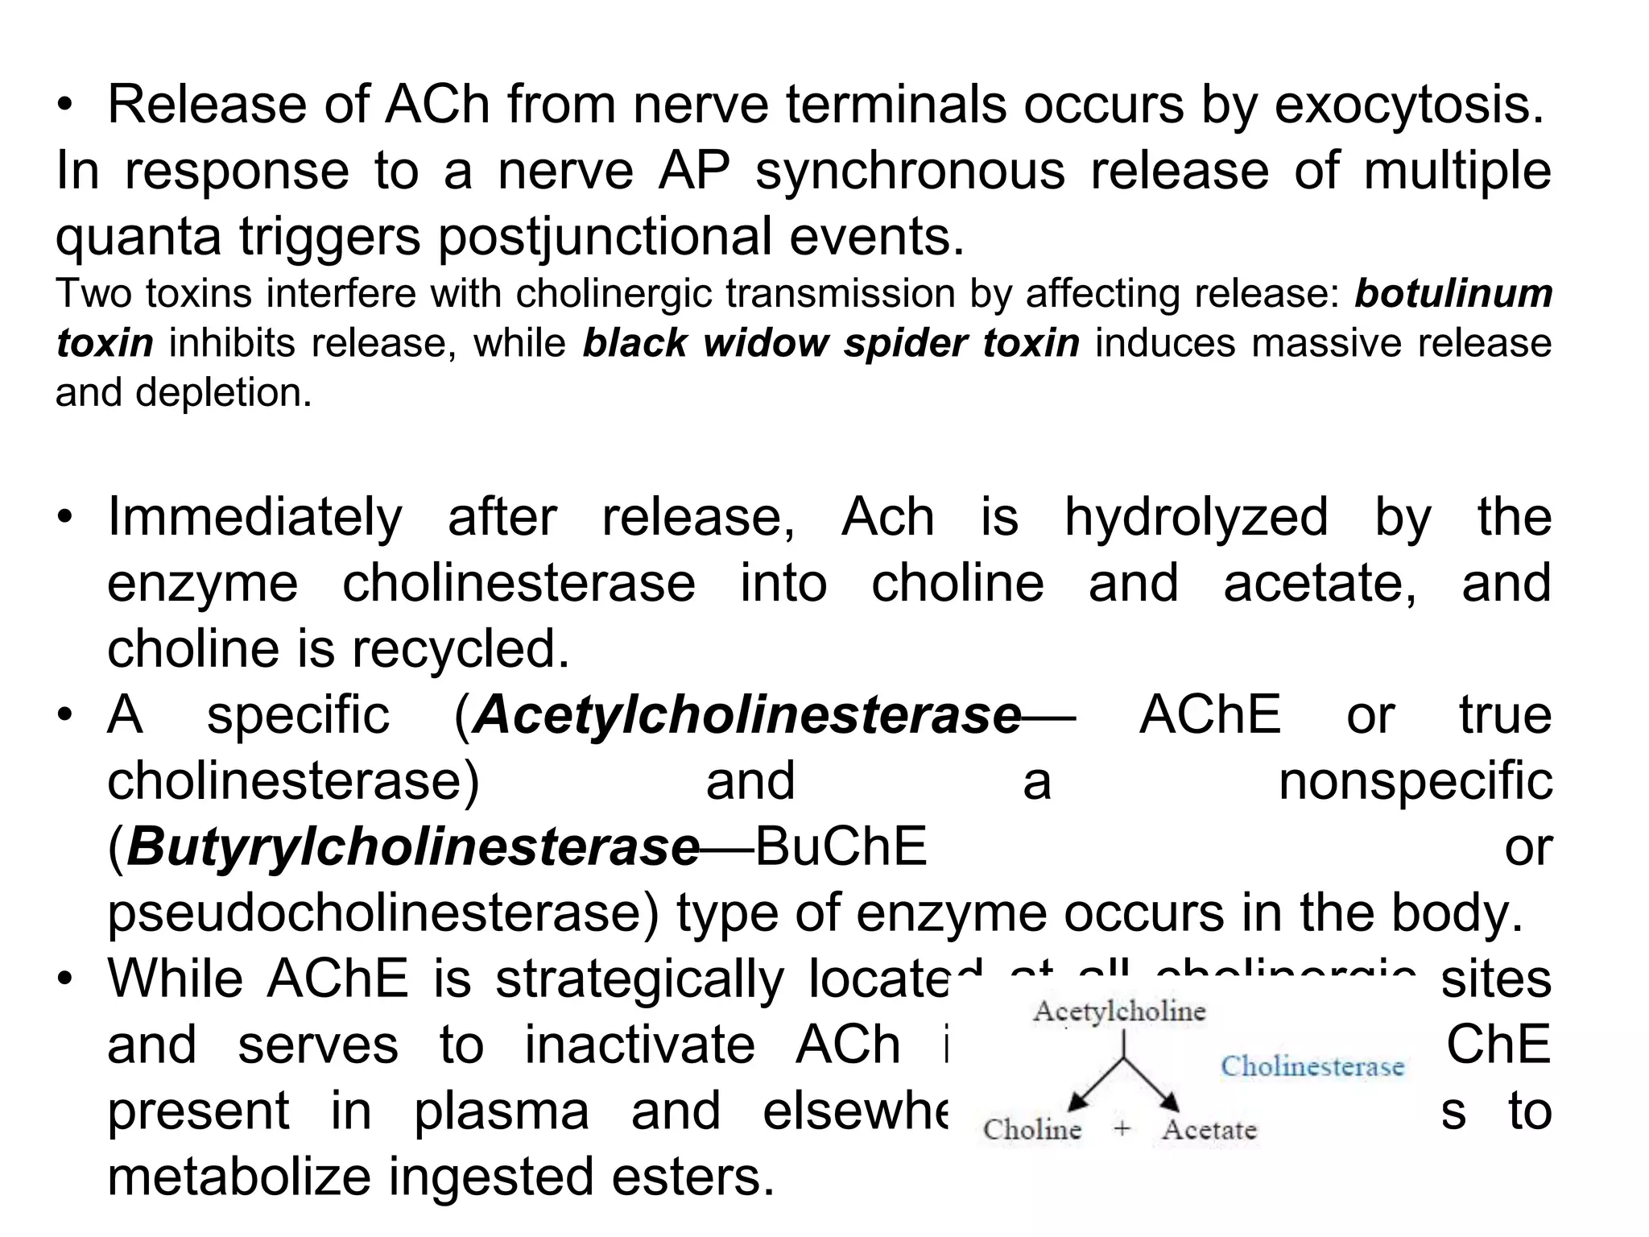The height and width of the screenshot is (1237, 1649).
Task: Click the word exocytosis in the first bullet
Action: tap(1408, 105)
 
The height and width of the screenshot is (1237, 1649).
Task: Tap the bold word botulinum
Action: tap(1453, 293)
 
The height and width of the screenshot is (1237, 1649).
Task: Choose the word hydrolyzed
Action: tap(1196, 517)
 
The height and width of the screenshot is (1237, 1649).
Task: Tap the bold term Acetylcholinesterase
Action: tap(747, 715)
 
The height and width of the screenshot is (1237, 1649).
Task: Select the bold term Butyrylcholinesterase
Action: tap(412, 847)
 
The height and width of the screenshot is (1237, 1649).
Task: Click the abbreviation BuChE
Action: tap(841, 847)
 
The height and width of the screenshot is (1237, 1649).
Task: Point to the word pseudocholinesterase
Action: tap(383, 913)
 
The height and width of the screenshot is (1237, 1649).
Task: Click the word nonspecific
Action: tap(1415, 781)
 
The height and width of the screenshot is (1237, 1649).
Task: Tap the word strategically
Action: tap(639, 979)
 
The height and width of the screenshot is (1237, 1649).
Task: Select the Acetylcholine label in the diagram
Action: tap(1119, 1012)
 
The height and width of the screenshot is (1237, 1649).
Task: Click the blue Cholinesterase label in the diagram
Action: tap(1312, 1066)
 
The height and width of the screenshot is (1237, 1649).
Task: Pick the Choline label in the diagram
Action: tap(1032, 1129)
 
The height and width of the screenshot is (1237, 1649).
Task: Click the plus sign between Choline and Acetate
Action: tap(1122, 1129)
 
